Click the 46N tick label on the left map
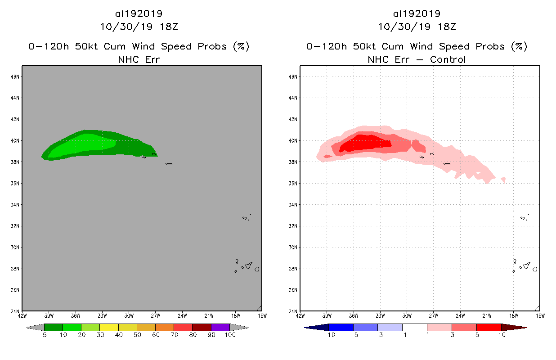pyautogui.click(x=16, y=77)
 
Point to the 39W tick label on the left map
pyautogui.click(x=49, y=315)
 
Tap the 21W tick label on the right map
pyautogui.click(x=486, y=315)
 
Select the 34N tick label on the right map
pyautogui.click(x=293, y=205)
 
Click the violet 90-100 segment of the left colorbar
pyautogui.click(x=220, y=327)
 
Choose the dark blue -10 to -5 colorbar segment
pyautogui.click(x=341, y=327)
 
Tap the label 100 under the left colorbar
pyautogui.click(x=230, y=335)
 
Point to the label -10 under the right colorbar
pyautogui.click(x=329, y=335)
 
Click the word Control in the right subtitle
pyautogui.click(x=448, y=59)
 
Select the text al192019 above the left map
pyautogui.click(x=139, y=13)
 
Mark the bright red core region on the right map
pyautogui.click(x=364, y=143)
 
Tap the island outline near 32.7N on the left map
pyautogui.click(x=245, y=218)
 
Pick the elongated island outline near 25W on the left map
pyautogui.click(x=169, y=164)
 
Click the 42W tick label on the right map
pyautogui.click(x=300, y=315)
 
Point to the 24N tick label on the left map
pyautogui.click(x=16, y=311)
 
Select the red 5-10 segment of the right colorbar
pyautogui.click(x=489, y=327)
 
